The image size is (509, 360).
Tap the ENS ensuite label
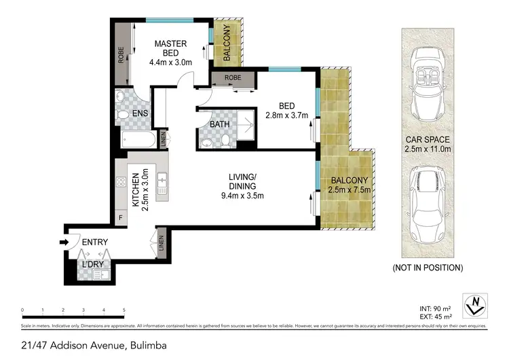[x=140, y=113]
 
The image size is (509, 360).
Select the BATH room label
[x=219, y=124]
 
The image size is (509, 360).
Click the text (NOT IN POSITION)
[x=428, y=268]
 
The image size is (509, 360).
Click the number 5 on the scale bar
[x=124, y=310]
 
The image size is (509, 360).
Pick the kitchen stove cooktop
[x=121, y=181]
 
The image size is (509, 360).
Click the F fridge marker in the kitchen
[x=121, y=217]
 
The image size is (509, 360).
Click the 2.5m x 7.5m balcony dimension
[x=350, y=190]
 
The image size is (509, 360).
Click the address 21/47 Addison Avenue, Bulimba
[x=84, y=346]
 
